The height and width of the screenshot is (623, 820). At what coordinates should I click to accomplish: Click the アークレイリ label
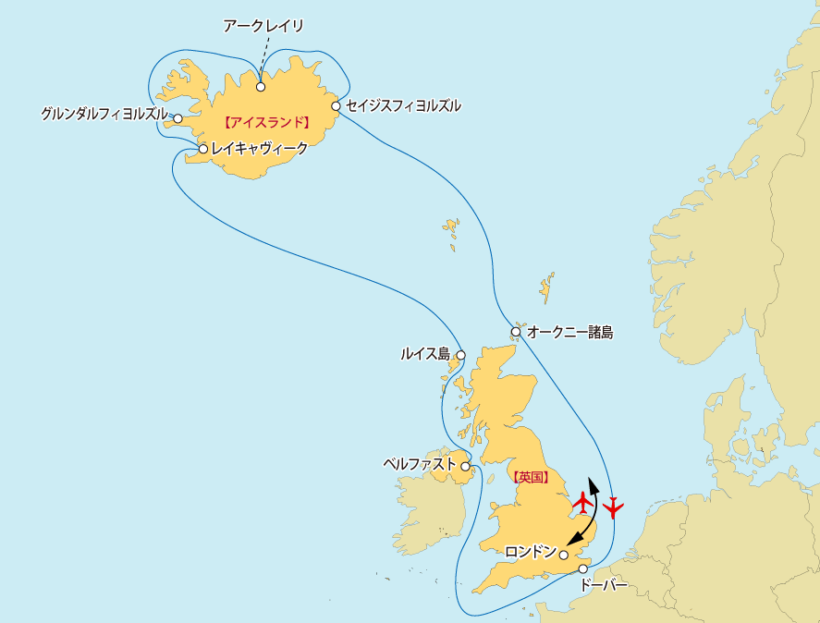[x=263, y=26]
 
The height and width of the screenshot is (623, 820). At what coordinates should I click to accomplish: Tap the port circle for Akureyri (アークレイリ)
[x=261, y=87]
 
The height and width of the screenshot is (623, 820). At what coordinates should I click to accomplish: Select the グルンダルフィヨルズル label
[x=104, y=115]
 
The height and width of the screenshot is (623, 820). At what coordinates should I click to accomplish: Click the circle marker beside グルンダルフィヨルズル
[x=177, y=118]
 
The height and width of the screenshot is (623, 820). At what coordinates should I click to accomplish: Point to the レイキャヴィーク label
[x=259, y=148]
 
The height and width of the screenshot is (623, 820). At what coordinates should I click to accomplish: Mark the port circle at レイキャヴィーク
[x=202, y=149]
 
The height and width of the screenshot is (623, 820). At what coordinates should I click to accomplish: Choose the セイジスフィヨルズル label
[x=403, y=105]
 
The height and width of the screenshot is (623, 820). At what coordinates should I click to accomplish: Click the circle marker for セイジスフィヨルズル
[x=336, y=105]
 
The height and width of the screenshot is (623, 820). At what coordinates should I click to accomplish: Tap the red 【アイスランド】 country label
[x=265, y=122]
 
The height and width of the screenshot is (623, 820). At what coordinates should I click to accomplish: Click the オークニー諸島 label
[x=569, y=332]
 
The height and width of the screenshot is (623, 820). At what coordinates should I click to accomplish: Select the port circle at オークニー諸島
[x=515, y=331]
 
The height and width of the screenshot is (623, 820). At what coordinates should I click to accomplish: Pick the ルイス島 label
[x=424, y=353]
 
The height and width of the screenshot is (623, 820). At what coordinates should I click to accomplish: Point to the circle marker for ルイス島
[x=460, y=353]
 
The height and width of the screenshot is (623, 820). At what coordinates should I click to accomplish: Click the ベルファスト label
[x=420, y=464]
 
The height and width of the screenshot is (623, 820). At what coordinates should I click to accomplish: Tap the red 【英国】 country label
[x=530, y=478]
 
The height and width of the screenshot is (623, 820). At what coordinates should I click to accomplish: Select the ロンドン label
[x=531, y=553]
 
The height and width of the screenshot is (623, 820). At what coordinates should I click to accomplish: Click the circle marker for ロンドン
[x=564, y=555]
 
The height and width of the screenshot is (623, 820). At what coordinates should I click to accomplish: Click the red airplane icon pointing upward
[x=582, y=503]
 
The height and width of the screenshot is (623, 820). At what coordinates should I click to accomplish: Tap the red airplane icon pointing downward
[x=613, y=507]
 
